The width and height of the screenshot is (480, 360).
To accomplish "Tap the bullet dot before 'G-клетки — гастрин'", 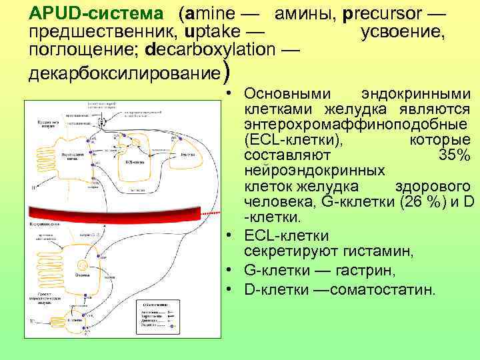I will pos(229,270).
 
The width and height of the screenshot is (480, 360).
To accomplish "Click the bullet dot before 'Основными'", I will pos(229,93).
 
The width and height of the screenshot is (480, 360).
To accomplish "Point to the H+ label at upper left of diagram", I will pos(33,187).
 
